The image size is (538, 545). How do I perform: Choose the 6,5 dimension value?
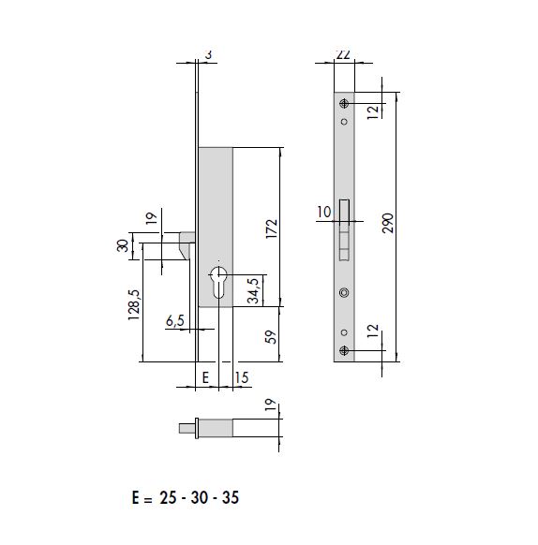tap(174, 321)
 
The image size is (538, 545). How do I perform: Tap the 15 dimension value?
tap(241, 377)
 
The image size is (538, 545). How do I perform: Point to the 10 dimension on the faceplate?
tap(323, 213)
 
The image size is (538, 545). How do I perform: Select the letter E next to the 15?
tap(204, 377)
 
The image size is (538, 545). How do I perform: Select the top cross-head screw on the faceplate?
tap(345, 102)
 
